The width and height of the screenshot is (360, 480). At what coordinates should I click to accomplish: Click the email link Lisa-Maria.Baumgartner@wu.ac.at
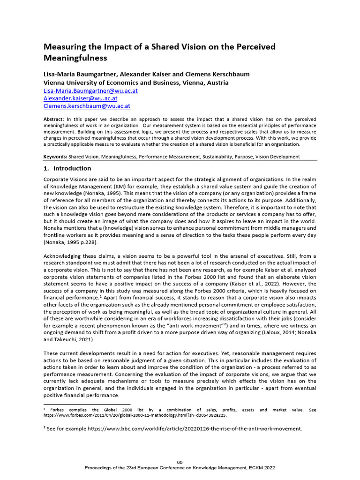click(90, 91)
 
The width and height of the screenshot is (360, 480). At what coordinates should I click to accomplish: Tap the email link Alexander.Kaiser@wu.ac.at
click(80, 99)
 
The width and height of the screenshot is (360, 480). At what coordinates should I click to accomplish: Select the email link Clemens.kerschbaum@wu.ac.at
click(86, 106)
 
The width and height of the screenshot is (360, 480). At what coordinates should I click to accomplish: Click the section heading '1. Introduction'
click(67, 168)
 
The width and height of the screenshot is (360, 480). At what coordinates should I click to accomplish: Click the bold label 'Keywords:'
click(55, 157)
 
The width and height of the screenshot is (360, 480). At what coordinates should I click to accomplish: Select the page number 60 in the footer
click(180, 463)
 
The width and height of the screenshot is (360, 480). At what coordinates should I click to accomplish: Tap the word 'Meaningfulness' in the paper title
click(75, 58)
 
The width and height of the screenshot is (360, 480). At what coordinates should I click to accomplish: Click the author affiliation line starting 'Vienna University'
click(136, 82)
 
